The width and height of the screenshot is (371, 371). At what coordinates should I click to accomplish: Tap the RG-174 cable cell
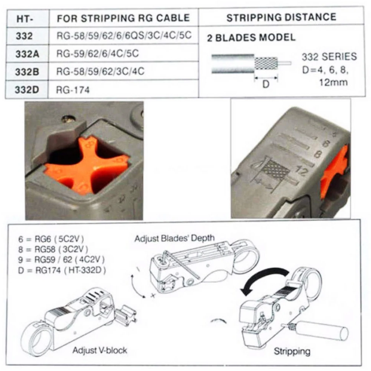pyautogui.click(x=73, y=89)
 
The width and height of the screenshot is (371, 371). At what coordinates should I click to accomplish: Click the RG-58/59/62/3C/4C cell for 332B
pyautogui.click(x=100, y=72)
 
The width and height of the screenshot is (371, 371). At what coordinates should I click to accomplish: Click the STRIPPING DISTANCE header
pyautogui.click(x=281, y=17)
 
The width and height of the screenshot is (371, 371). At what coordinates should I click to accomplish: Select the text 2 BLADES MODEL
pyautogui.click(x=251, y=38)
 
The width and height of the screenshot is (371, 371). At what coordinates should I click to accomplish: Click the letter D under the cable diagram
pyautogui.click(x=266, y=84)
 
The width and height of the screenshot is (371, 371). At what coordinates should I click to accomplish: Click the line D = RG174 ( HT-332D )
pyautogui.click(x=62, y=270)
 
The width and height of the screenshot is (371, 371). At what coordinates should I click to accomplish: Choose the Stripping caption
pyautogui.click(x=292, y=351)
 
